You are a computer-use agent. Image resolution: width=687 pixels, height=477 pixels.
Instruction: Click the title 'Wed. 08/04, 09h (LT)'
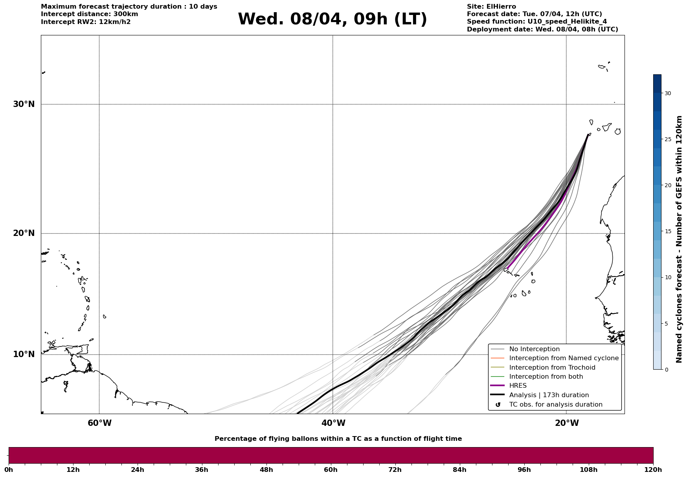click(x=332, y=19)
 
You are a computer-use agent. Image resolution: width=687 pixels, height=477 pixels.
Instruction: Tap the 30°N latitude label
click(x=24, y=104)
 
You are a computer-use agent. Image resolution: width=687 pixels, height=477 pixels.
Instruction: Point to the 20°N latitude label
click(x=24, y=233)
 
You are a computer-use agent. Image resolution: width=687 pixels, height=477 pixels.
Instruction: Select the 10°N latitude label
click(x=24, y=354)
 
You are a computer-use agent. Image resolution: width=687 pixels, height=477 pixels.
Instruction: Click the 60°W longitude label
click(x=99, y=423)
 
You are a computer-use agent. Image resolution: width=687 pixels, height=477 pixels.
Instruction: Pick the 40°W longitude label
click(x=333, y=423)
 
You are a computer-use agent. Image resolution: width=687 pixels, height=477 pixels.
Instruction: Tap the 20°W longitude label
click(x=567, y=423)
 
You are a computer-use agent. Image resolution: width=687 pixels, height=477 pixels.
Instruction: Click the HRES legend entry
click(x=518, y=386)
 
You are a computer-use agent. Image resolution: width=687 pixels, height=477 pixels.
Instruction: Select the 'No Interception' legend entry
click(x=534, y=349)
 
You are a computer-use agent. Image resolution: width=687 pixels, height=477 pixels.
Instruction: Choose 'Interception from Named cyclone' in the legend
click(x=564, y=358)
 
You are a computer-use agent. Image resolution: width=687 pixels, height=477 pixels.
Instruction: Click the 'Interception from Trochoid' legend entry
click(x=552, y=368)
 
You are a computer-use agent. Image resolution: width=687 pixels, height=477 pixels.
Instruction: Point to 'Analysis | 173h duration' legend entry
click(x=549, y=395)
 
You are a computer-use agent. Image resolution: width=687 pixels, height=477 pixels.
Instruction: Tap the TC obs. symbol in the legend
click(x=498, y=405)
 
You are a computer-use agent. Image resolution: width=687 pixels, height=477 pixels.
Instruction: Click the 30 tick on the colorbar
click(x=668, y=93)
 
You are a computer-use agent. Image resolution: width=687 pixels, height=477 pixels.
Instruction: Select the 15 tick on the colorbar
click(x=668, y=231)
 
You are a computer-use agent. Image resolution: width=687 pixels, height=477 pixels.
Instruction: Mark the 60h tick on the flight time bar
click(x=331, y=470)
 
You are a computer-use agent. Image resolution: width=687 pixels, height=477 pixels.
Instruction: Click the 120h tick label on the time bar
click(x=653, y=470)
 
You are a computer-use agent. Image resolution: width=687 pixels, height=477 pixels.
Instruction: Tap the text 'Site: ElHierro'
click(x=491, y=7)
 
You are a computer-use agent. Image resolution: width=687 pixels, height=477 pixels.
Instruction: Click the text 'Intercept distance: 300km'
click(x=90, y=14)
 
